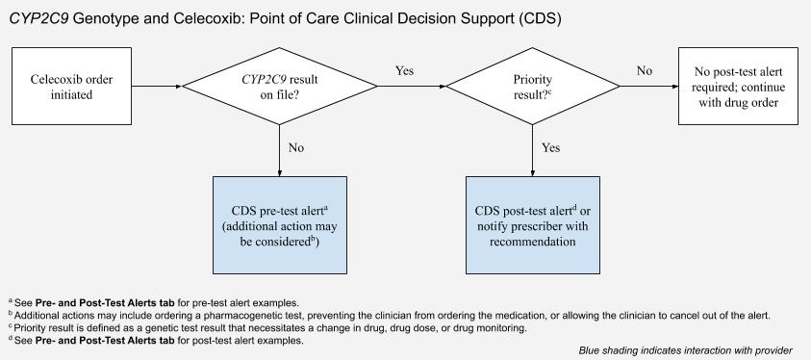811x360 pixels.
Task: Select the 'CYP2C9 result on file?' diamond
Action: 279,86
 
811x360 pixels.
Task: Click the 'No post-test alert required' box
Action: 736,86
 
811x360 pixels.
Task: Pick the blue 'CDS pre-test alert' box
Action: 279,225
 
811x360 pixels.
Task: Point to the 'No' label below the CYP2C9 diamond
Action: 297,148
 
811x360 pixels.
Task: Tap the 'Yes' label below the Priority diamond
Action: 551,148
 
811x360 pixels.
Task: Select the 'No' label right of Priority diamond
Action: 644,70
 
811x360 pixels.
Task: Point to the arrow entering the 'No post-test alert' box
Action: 654,87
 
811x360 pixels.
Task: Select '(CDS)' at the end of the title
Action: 537,18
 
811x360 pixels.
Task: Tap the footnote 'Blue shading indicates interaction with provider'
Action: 686,350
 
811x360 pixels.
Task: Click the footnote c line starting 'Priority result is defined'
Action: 269,327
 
